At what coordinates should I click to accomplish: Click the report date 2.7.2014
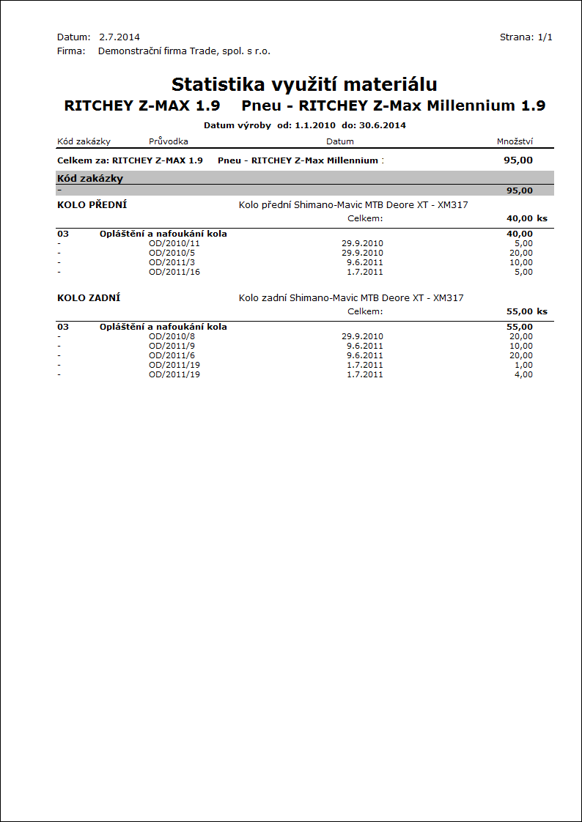[119, 37]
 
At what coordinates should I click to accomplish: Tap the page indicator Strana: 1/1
[526, 37]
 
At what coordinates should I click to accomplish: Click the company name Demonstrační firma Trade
[184, 51]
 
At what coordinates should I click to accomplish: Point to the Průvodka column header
[169, 141]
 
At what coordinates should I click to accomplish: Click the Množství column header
[515, 141]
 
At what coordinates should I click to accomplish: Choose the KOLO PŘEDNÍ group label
[92, 205]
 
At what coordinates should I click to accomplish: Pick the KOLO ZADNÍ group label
[89, 298]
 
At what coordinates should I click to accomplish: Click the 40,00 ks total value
[526, 218]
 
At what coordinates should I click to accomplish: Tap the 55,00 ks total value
[526, 311]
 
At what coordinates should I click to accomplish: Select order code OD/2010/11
[174, 243]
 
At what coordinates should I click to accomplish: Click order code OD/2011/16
[174, 272]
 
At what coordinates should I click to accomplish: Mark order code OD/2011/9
[172, 346]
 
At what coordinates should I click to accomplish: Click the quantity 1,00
[523, 365]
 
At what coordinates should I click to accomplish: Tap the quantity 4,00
[523, 374]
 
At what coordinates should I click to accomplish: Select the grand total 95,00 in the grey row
[519, 190]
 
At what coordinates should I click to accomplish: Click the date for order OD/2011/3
[365, 262]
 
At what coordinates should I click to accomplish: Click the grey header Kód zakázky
[89, 178]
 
